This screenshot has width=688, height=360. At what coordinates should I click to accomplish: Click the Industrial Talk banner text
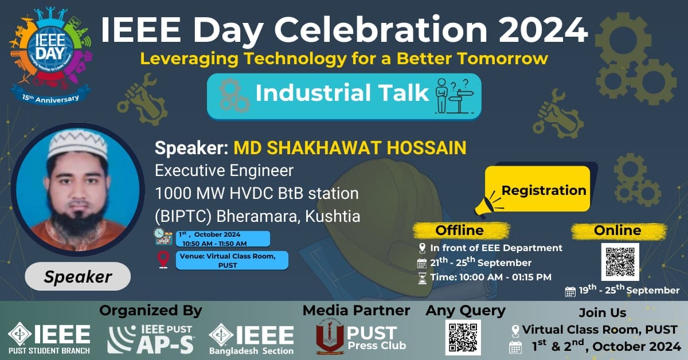pos(342,93)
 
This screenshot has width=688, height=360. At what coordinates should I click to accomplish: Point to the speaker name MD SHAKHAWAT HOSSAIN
pos(350,148)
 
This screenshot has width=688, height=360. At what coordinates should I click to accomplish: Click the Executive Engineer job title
pos(224,171)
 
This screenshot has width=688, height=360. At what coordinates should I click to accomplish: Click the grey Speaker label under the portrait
pos(78,276)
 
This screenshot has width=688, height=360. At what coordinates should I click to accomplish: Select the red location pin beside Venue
pos(163,260)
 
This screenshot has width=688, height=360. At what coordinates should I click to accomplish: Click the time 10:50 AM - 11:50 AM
pos(214,244)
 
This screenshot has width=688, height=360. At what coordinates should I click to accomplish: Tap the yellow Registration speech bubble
pos(538,189)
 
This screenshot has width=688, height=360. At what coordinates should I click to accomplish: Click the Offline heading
pos(459,230)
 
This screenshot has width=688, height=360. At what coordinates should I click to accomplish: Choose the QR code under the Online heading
pos(620,262)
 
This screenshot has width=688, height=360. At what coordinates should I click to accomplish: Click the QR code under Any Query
pos(463,337)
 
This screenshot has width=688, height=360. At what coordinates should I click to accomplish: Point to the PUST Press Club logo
pos(361,337)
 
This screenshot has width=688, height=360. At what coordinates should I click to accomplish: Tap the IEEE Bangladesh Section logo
pos(251,339)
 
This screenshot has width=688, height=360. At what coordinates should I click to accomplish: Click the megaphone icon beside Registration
pos(488,204)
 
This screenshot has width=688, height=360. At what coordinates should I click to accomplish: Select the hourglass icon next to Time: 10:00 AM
pos(423,278)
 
